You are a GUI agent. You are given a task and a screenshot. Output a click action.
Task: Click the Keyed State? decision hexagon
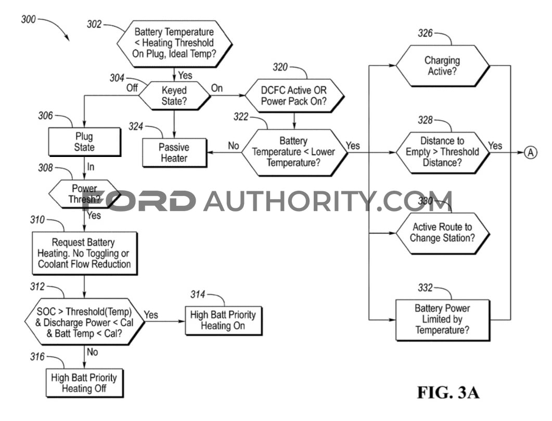(174, 96)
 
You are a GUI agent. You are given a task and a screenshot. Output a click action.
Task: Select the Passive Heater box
(174, 153)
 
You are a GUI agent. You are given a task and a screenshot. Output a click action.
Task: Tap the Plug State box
(84, 142)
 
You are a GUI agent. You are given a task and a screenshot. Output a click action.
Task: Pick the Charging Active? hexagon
(443, 66)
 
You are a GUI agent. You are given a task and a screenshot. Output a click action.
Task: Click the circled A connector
(531, 153)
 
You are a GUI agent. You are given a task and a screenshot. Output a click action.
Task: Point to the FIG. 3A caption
(448, 392)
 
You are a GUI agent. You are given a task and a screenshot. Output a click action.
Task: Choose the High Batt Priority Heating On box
(223, 320)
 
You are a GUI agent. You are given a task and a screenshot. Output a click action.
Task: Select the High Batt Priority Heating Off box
(84, 383)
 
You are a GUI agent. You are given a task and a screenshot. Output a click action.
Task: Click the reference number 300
(29, 19)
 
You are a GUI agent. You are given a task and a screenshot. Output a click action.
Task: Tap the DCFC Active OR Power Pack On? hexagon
(294, 96)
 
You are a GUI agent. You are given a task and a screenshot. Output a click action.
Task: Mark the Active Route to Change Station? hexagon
(443, 233)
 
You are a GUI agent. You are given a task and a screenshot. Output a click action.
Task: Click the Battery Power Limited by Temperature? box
(443, 320)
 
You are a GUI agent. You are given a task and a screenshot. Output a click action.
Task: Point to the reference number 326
(425, 33)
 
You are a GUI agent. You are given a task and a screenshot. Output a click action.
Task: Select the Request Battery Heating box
(84, 253)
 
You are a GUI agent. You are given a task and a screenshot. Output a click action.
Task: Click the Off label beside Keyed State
(132, 87)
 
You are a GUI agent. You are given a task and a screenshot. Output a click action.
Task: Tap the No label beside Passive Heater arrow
(234, 146)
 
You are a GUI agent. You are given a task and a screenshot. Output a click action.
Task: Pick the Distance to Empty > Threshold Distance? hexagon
(443, 153)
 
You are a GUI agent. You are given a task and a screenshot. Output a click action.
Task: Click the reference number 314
(198, 294)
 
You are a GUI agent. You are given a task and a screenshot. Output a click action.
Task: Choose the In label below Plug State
(91, 167)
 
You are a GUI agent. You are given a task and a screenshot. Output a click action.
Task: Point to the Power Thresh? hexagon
(84, 194)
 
